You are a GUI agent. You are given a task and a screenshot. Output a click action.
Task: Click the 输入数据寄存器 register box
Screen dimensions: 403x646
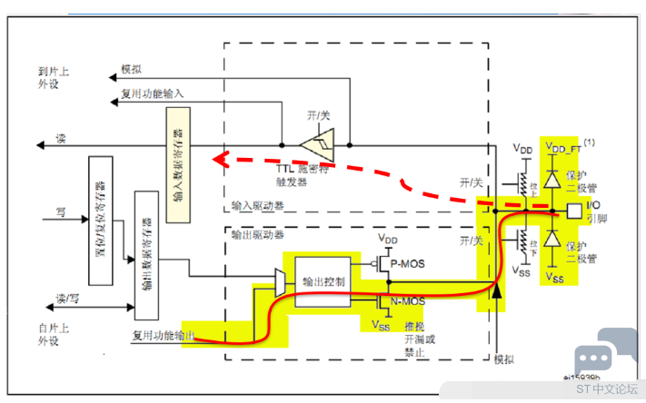click(x=178, y=158)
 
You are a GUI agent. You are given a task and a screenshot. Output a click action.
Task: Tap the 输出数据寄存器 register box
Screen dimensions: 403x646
click(x=146, y=255)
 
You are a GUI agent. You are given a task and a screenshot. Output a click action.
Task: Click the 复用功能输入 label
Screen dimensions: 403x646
click(x=152, y=93)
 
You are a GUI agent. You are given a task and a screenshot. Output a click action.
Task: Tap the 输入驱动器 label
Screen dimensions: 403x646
click(x=257, y=206)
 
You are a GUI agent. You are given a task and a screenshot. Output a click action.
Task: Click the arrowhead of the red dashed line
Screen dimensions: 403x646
click(x=218, y=161)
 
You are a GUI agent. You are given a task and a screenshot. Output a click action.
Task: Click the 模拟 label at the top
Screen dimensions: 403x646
click(x=131, y=69)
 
